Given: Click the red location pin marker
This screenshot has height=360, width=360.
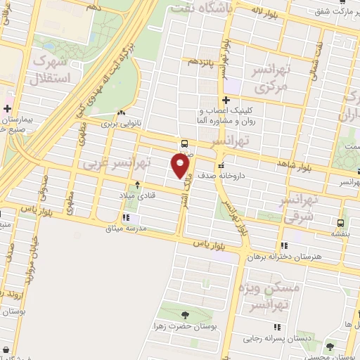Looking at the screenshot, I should [181, 165].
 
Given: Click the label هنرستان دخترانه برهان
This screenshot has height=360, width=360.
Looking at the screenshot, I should [289, 257].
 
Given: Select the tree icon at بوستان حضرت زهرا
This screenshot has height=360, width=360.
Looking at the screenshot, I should [185, 315].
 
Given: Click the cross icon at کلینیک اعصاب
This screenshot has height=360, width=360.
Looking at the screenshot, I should [226, 101].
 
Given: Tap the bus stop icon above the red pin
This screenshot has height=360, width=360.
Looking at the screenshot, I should [184, 142].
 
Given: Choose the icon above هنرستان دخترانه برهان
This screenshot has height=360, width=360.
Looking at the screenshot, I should [284, 245].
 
